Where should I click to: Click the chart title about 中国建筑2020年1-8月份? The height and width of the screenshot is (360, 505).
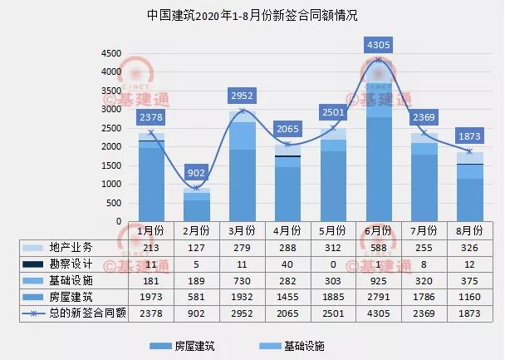coord(252,15)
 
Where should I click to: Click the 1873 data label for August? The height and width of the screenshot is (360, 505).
coord(470,136)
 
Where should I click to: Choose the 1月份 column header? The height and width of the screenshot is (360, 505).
coord(150,230)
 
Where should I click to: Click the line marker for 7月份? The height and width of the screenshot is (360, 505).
coord(424,133)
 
